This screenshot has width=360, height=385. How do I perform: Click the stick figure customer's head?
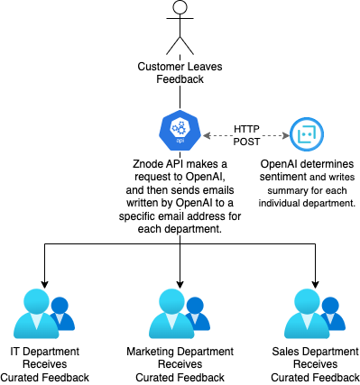coord(180,12)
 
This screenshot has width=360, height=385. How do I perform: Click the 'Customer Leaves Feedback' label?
coord(180,74)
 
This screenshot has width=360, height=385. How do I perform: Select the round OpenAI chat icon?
coord(307,135)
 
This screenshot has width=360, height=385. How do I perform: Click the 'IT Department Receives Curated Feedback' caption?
coord(44,362)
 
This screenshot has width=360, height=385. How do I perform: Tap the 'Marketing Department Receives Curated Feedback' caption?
coord(180,362)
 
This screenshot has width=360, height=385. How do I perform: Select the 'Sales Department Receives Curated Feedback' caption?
coord(316,362)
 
